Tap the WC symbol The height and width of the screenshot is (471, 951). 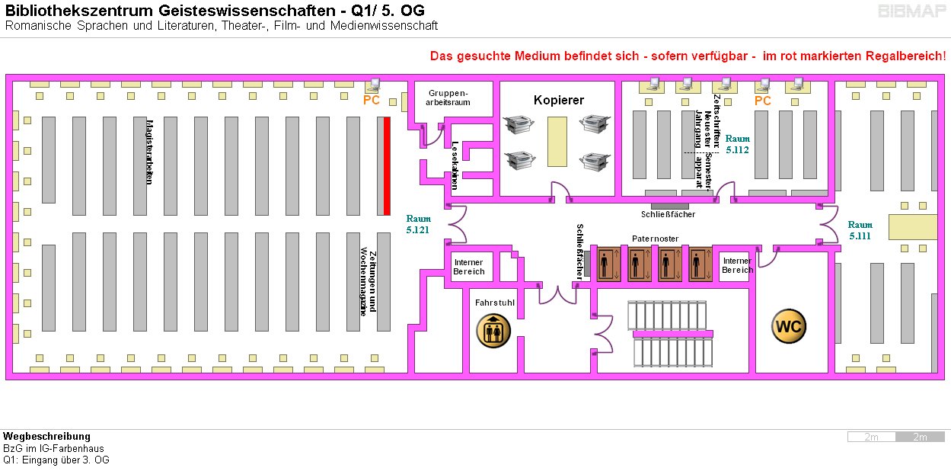pyautogui.click(x=788, y=327)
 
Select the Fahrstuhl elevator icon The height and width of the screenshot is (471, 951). pyautogui.click(x=493, y=331)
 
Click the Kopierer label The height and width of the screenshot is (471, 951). pyautogui.click(x=558, y=101)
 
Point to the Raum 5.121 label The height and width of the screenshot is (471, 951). pyautogui.click(x=418, y=224)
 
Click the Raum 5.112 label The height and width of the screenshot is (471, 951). pyautogui.click(x=737, y=145)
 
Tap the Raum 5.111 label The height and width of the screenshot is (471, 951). pyautogui.click(x=860, y=230)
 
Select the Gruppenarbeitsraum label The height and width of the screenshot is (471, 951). pyautogui.click(x=448, y=98)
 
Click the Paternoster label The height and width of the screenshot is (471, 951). pyautogui.click(x=655, y=239)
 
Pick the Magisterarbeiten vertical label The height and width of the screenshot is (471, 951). pyautogui.click(x=149, y=150)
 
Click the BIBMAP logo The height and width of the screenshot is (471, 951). pyautogui.click(x=912, y=11)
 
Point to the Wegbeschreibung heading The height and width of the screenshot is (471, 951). pyautogui.click(x=46, y=437)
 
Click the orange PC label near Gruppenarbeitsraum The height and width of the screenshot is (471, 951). pyautogui.click(x=372, y=100)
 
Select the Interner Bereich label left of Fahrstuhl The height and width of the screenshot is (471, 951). pyautogui.click(x=468, y=267)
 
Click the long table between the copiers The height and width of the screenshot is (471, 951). pyautogui.click(x=558, y=141)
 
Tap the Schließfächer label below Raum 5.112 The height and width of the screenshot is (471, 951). pyautogui.click(x=668, y=214)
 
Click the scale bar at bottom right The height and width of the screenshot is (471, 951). pyautogui.click(x=896, y=437)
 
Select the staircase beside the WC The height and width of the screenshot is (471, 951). pyautogui.click(x=672, y=334)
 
